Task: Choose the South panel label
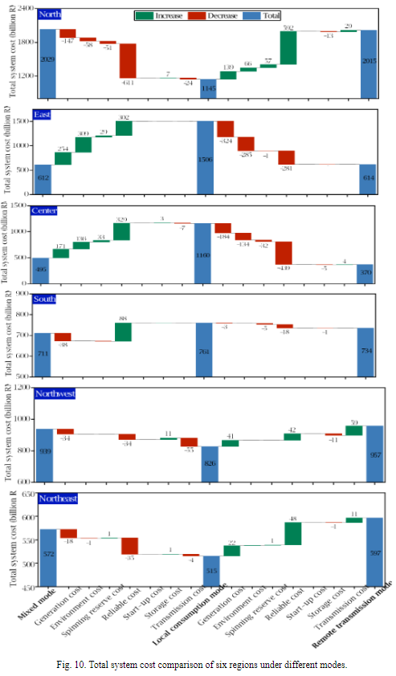pos(48,300)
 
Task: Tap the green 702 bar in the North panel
pos(288,47)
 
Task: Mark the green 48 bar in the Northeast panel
pos(292,534)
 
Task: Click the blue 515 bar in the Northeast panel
pos(210,571)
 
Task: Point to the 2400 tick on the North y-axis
pos(24,8)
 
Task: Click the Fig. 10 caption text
pos(198,666)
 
